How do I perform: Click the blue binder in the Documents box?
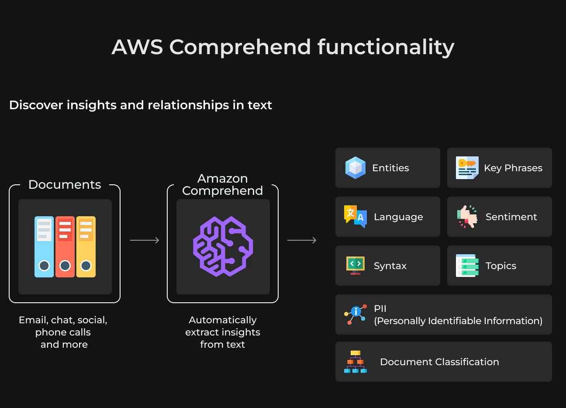[x=44, y=247]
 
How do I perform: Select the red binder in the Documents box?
[x=65, y=247]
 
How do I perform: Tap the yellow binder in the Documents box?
[x=86, y=247]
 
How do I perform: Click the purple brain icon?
[x=223, y=246]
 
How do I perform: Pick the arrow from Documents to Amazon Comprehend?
[x=145, y=240]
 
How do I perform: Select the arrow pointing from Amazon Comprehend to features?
[x=302, y=240]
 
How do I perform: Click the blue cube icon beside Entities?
[x=355, y=168]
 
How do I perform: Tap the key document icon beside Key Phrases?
[x=467, y=168]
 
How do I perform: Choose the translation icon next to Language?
[x=355, y=217]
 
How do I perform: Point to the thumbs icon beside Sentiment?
[x=467, y=217]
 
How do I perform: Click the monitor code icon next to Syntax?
[x=355, y=266]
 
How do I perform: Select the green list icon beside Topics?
[x=467, y=266]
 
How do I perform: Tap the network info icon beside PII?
[x=355, y=315]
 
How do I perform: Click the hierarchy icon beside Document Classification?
[x=355, y=362]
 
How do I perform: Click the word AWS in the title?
[x=137, y=47]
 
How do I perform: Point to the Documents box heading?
[x=65, y=184]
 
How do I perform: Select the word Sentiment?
[x=511, y=217]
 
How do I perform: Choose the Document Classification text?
[x=440, y=362]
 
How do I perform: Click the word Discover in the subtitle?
[x=36, y=105]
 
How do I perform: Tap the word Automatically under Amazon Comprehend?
[x=223, y=321]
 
